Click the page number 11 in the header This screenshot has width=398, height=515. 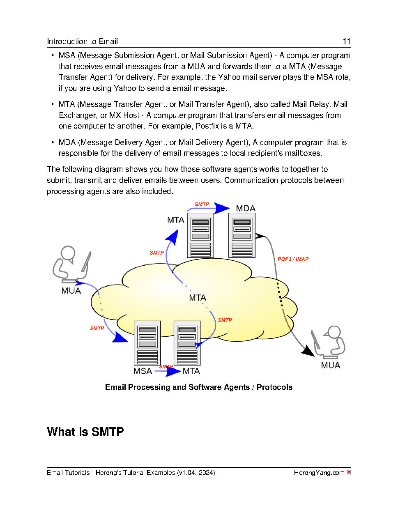(346, 41)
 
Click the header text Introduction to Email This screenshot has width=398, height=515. (82, 41)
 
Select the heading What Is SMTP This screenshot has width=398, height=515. (85, 432)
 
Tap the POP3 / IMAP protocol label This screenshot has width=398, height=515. (293, 259)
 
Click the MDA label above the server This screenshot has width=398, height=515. (246, 209)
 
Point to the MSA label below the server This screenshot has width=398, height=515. (143, 371)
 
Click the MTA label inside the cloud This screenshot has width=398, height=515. (197, 298)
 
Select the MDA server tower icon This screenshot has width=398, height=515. (242, 235)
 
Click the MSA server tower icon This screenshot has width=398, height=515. (147, 343)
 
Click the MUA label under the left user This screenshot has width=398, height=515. (71, 291)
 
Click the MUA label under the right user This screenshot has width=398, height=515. (330, 365)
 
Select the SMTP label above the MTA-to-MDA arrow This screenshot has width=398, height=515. (202, 204)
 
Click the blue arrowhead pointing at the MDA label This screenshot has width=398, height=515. (222, 208)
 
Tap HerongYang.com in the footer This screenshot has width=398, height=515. (319, 473)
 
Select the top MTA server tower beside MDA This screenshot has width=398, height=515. (200, 235)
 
